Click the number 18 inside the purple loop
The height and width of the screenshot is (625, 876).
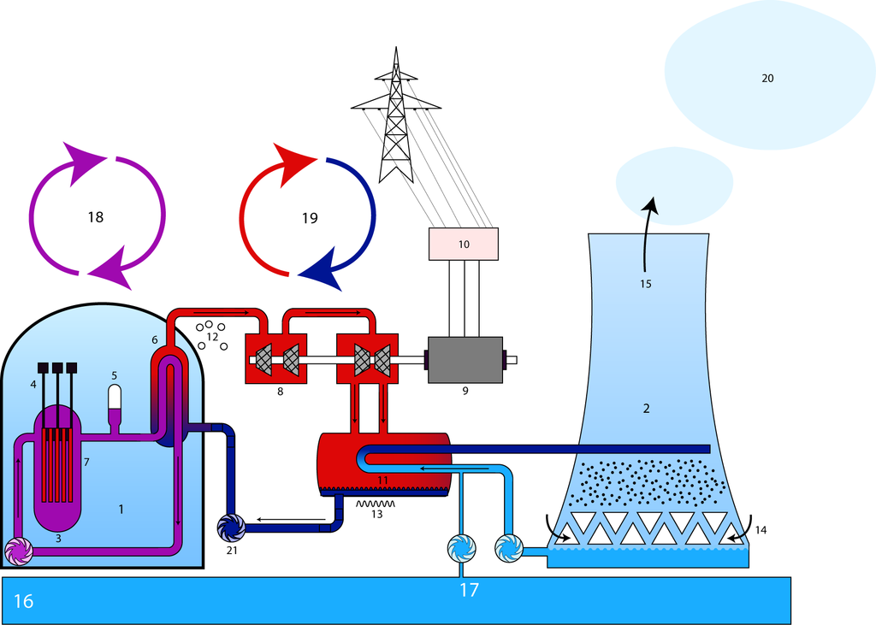[95, 217]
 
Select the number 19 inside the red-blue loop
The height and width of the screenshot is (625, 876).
[310, 218]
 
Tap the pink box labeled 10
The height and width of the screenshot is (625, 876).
[463, 244]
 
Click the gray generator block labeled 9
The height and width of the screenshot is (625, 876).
[465, 360]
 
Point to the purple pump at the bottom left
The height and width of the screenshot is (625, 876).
[18, 552]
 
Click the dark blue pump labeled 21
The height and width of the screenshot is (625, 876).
[231, 528]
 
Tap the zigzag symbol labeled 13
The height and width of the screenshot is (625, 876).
[376, 504]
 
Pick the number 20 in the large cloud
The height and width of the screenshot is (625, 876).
[767, 79]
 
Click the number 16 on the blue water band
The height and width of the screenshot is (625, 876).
[23, 601]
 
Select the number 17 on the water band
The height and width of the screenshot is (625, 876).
[469, 589]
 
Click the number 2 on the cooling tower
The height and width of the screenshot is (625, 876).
[647, 409]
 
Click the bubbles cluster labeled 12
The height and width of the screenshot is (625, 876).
[210, 334]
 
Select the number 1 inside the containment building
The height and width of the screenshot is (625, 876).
[121, 510]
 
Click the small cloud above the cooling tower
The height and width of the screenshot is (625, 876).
[674, 183]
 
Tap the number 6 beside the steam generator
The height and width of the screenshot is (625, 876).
[155, 339]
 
